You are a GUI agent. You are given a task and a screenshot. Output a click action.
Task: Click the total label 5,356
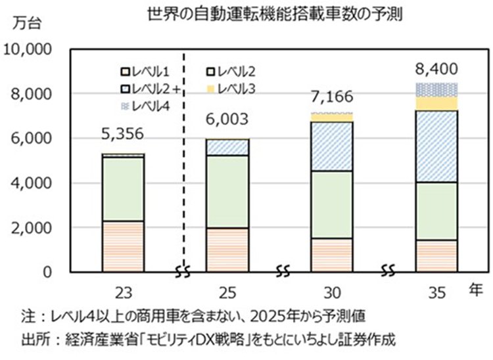[x=122, y=134]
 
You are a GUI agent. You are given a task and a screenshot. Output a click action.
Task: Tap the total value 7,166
[x=331, y=97]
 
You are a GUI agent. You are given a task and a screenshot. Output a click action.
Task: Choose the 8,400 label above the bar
[x=436, y=68]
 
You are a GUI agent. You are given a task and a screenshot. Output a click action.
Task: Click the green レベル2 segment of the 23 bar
[x=122, y=189]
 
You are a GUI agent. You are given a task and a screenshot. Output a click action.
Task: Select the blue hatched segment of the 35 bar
[x=436, y=146]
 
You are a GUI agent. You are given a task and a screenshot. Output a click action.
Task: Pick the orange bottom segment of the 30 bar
[x=331, y=255]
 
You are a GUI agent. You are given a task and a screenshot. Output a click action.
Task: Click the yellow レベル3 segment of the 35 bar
[x=436, y=104]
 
